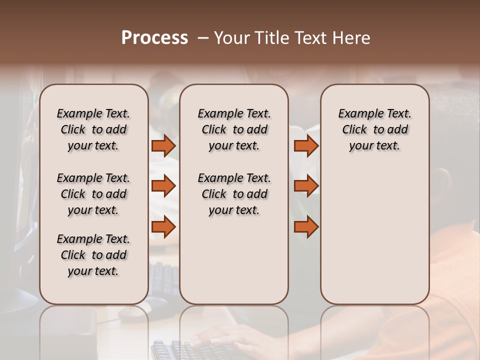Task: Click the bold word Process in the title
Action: (x=154, y=38)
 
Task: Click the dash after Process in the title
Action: (x=203, y=38)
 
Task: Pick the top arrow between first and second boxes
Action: (x=163, y=145)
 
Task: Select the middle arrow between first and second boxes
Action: (x=163, y=186)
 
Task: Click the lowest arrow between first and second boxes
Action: (x=163, y=227)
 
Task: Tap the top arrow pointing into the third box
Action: (x=306, y=145)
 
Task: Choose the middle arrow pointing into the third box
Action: (x=306, y=186)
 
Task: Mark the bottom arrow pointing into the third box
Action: (x=306, y=227)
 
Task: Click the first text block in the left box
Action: (x=93, y=129)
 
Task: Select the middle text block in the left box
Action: (x=93, y=194)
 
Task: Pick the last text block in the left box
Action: (x=93, y=255)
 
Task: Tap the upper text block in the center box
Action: (x=234, y=129)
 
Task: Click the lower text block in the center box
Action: (x=234, y=194)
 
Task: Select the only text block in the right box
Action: (x=375, y=129)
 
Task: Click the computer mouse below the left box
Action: (x=131, y=313)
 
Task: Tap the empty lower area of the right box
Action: (x=375, y=235)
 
